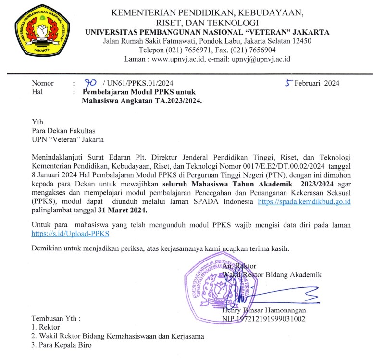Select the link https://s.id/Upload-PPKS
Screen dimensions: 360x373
point(70,234)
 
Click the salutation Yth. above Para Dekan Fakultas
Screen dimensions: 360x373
point(37,122)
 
